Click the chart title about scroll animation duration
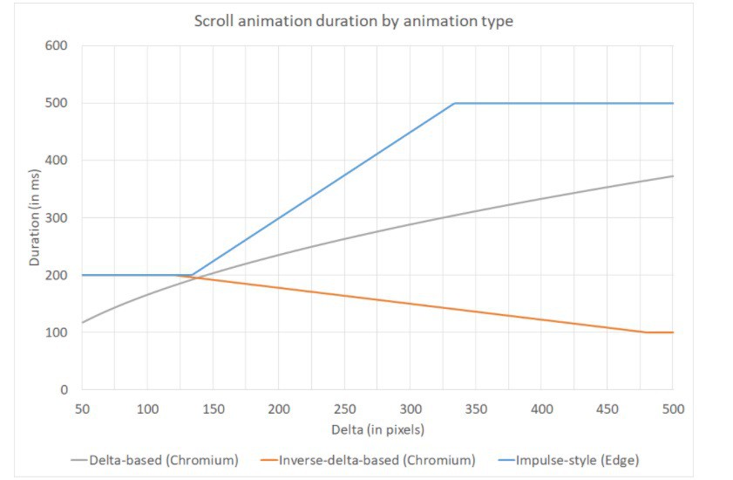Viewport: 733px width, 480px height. [x=353, y=21]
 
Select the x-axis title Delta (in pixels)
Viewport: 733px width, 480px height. [x=377, y=430]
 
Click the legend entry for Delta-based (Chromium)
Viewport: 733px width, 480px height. [x=154, y=459]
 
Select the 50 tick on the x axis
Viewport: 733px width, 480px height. [x=82, y=408]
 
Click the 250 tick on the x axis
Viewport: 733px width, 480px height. [x=344, y=408]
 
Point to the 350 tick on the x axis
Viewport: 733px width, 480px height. [x=476, y=408]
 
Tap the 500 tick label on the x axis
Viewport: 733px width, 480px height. [x=672, y=408]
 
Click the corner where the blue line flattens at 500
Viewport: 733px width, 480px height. [x=454, y=103]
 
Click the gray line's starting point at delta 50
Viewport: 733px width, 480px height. [x=82, y=323]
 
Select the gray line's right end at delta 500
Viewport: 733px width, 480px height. [x=673, y=176]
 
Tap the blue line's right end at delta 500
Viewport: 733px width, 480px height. [x=673, y=103]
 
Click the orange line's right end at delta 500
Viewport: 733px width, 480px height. [x=673, y=333]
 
